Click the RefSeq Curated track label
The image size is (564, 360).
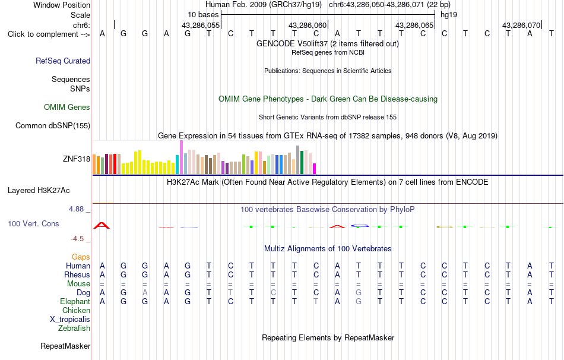(63, 61)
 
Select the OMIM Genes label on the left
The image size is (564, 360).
(67, 108)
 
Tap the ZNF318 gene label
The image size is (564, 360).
(76, 159)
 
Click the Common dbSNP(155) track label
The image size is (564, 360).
(53, 125)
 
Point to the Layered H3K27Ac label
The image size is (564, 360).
(39, 191)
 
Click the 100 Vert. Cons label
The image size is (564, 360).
(33, 223)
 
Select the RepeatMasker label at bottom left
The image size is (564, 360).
(65, 346)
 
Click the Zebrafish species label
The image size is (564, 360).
(74, 329)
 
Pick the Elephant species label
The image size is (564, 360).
(75, 301)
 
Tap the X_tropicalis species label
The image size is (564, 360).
(70, 320)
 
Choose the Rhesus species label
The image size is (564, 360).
(77, 274)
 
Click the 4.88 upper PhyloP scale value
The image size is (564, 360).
(76, 209)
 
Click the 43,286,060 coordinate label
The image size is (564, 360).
(308, 25)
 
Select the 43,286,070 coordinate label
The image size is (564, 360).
(521, 25)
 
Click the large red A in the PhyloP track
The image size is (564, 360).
(102, 226)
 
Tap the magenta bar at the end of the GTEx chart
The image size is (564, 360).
(314, 169)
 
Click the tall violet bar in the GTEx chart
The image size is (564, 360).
(181, 157)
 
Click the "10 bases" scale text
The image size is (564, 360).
(203, 15)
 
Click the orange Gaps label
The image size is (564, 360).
(81, 257)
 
